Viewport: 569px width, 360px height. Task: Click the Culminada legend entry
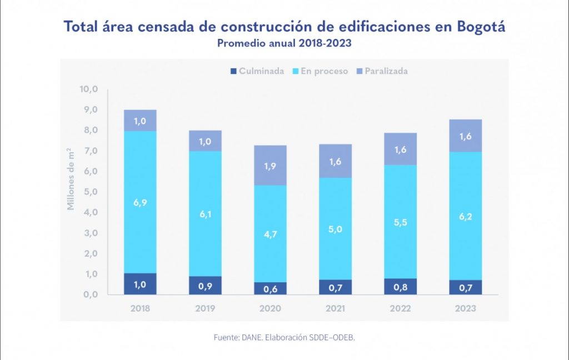pos(257,71)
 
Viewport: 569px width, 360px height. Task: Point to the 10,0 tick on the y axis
pos(89,89)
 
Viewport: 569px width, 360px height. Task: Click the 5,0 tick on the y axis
pos(89,192)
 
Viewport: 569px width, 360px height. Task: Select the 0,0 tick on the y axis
pos(89,295)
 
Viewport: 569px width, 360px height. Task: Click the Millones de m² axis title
pos(71,179)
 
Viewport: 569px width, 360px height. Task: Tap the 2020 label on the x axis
pos(270,308)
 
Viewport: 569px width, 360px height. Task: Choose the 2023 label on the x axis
pos(465,308)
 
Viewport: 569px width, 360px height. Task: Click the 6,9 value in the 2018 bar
pos(140,202)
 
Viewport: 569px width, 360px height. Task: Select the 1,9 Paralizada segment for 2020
pos(270,166)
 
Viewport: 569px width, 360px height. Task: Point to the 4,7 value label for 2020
pos(270,234)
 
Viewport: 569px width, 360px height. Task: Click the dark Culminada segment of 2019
pos(205,286)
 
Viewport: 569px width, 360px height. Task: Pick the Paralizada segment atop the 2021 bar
pos(335,161)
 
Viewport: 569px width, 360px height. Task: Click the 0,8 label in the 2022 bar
pos(400,287)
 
